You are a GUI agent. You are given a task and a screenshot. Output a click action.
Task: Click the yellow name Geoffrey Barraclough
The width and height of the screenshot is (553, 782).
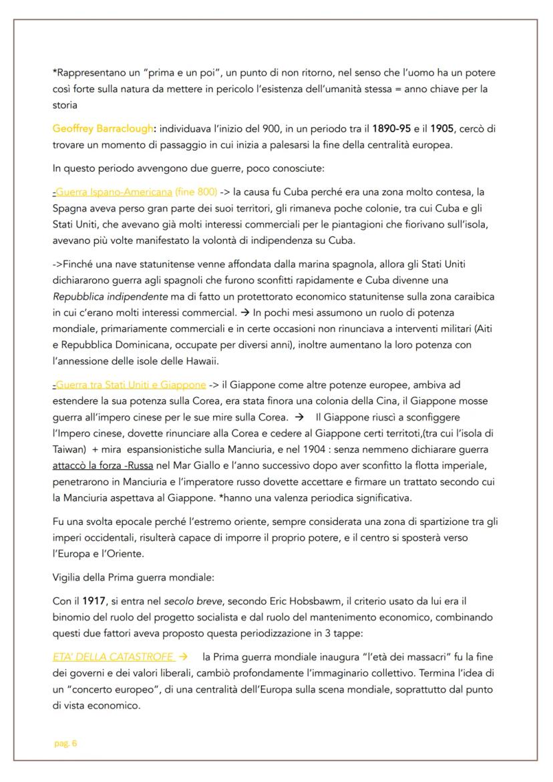(103, 128)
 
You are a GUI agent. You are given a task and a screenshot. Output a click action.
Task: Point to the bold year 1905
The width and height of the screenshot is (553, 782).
(447, 128)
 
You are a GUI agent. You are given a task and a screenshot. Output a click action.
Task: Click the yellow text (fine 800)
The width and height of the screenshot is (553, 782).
(196, 192)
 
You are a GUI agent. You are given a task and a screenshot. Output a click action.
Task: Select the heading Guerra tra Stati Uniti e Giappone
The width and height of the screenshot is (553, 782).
(130, 385)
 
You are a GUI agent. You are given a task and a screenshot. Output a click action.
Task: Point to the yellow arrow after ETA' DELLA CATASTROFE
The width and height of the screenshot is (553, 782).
(174, 656)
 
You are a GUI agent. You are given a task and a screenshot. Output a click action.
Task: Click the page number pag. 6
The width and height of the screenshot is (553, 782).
(65, 743)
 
